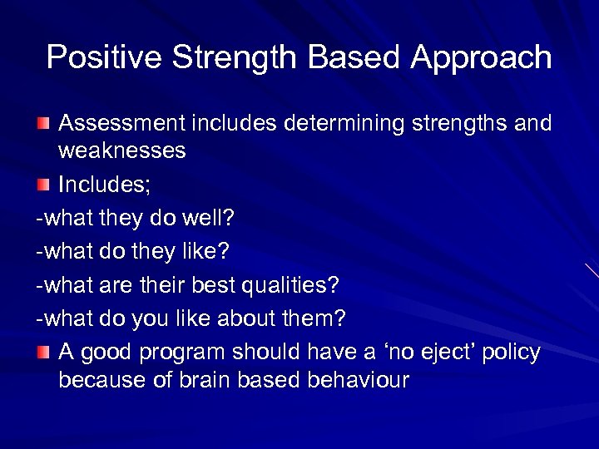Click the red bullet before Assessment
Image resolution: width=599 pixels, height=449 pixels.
pos(42,124)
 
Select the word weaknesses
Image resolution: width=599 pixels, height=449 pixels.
pos(122,151)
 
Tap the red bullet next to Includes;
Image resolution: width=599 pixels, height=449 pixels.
pos(42,185)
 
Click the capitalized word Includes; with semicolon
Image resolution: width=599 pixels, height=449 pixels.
pos(105,185)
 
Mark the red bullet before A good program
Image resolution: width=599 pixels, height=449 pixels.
pos(42,353)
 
